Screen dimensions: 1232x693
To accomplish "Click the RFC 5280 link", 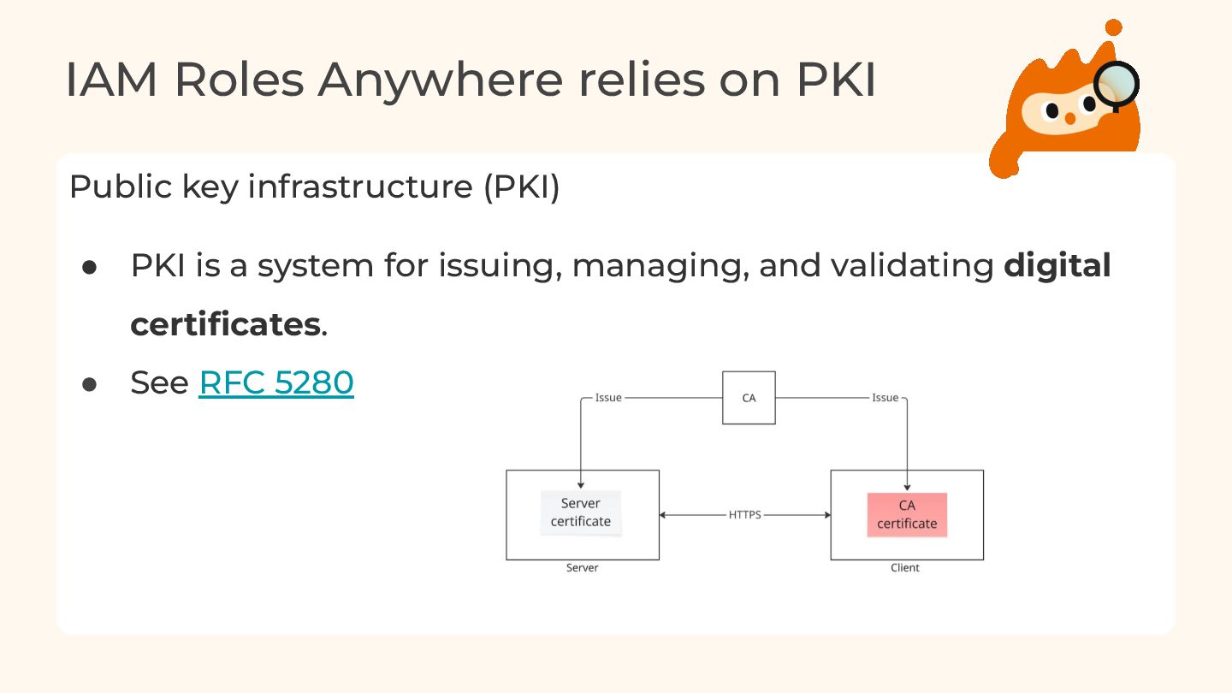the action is (275, 382).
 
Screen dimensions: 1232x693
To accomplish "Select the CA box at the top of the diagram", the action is (749, 398).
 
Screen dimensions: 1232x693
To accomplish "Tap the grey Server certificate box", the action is (581, 512).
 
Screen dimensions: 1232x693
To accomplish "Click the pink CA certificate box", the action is (907, 515).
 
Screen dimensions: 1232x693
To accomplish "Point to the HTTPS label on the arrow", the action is (744, 515).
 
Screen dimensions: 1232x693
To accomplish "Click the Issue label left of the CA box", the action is (608, 398).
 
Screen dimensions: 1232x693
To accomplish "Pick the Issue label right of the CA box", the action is (885, 398).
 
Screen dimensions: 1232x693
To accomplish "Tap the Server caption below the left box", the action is (582, 568).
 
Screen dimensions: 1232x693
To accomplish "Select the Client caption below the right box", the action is (905, 568).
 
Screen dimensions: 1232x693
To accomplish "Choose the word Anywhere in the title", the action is (440, 80).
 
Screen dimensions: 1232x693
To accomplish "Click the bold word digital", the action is (1057, 266).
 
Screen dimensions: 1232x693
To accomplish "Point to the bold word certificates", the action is (225, 324).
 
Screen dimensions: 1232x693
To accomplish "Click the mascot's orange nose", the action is (1069, 118).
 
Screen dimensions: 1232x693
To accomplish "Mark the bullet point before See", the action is (90, 384).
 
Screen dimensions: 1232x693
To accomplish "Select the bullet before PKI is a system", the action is (90, 267).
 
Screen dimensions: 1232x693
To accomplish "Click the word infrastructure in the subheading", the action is (360, 187).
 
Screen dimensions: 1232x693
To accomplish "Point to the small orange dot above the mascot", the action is (1113, 27).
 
